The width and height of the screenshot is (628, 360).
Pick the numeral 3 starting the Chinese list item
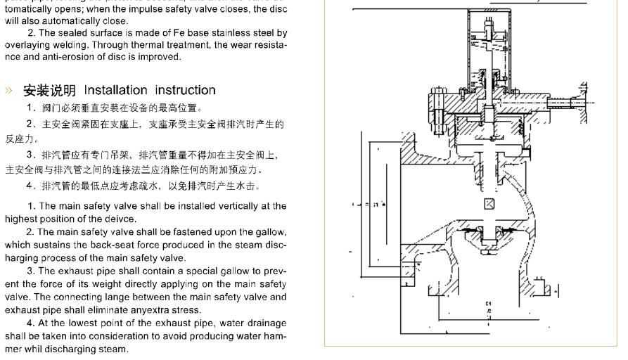(x=30, y=155)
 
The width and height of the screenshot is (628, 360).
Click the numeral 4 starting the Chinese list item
(x=30, y=186)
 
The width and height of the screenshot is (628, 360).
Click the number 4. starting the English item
(x=31, y=324)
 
